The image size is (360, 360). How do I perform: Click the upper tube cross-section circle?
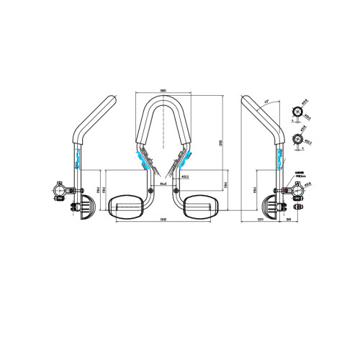(x=295, y=112)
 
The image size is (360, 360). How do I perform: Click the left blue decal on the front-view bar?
(x=140, y=159)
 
